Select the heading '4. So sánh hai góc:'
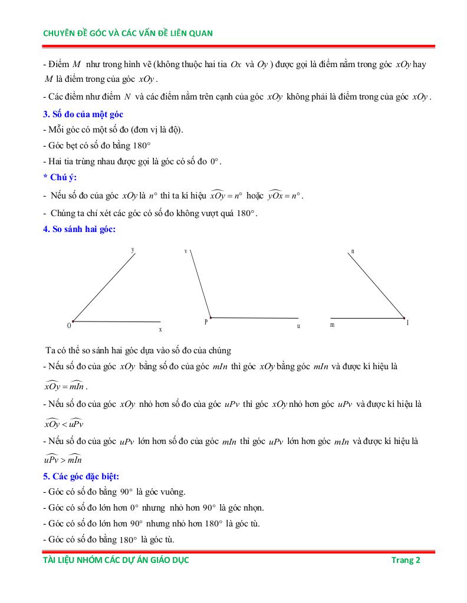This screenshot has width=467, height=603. pyautogui.click(x=79, y=229)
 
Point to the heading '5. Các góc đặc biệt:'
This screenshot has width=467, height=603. pyautogui.click(x=81, y=476)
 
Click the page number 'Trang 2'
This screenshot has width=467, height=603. pyautogui.click(x=406, y=560)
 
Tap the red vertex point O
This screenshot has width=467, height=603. pyautogui.click(x=73, y=321)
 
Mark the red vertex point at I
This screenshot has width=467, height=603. pyautogui.click(x=404, y=319)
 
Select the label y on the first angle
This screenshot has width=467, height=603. pyautogui.click(x=133, y=250)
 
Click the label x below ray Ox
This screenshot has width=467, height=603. pyautogui.click(x=160, y=329)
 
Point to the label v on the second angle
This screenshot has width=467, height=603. pyautogui.click(x=186, y=251)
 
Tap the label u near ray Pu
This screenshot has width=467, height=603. pyautogui.click(x=298, y=326)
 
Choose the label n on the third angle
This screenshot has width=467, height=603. pyautogui.click(x=353, y=251)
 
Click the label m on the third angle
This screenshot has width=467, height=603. pyautogui.click(x=333, y=325)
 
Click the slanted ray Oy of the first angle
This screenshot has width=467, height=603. pyautogui.click(x=104, y=287)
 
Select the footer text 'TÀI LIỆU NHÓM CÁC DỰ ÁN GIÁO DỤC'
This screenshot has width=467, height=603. pyautogui.click(x=116, y=560)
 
